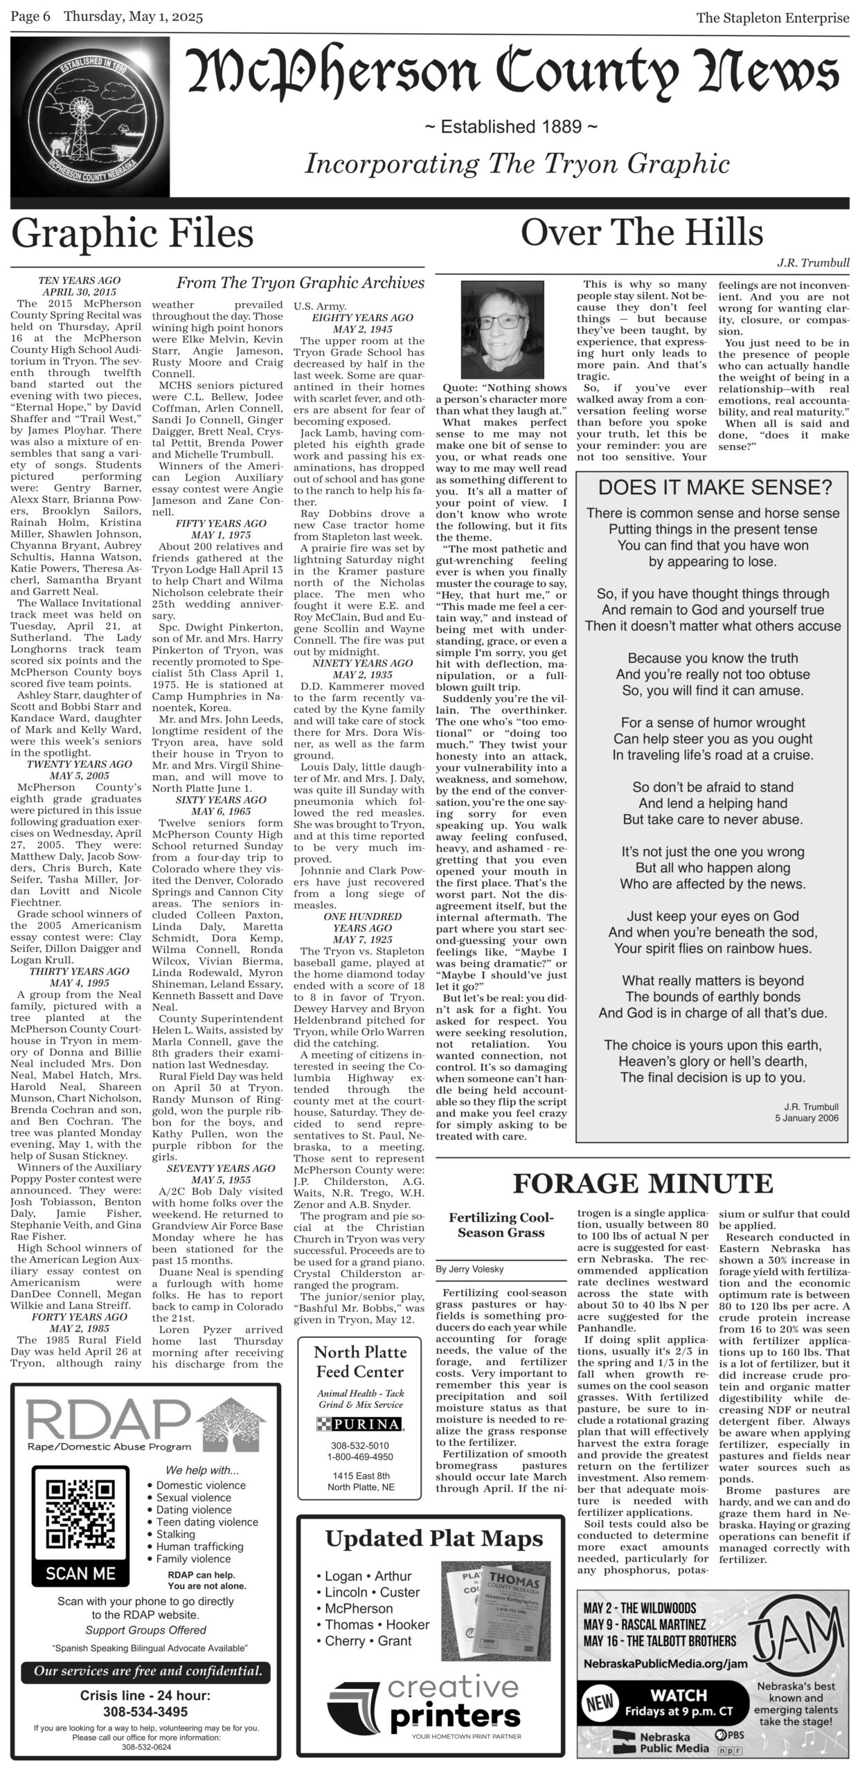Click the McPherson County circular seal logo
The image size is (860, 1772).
[90, 118]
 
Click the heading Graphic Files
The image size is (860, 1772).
[132, 233]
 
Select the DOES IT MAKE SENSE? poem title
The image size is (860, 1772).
[715, 487]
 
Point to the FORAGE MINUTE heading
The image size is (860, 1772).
[642, 1184]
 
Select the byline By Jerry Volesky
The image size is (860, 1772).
[469, 1269]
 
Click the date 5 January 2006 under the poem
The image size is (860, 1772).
[807, 1118]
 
